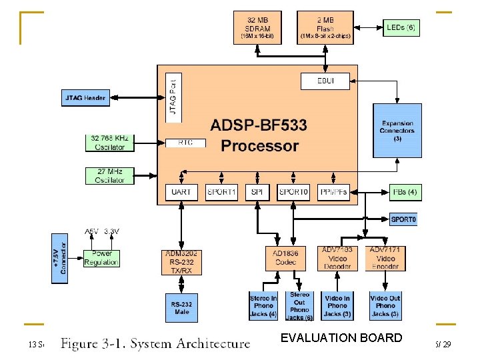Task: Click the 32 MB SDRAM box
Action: pos(258,27)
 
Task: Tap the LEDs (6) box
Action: pos(402,27)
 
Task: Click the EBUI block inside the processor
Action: pos(325,81)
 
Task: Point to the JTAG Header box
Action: pos(85,97)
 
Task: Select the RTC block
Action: pos(185,143)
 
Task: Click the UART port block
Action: pos(181,192)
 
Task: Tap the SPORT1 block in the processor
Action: pos(221,192)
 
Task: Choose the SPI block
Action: pos(257,192)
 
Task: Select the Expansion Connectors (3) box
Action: pos(397,130)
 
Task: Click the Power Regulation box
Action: pos(101,258)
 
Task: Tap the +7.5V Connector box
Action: pos(59,258)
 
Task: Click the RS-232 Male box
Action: pos(181,307)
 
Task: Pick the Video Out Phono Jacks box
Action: pos(385,306)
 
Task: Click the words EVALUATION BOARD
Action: pos(341,338)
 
